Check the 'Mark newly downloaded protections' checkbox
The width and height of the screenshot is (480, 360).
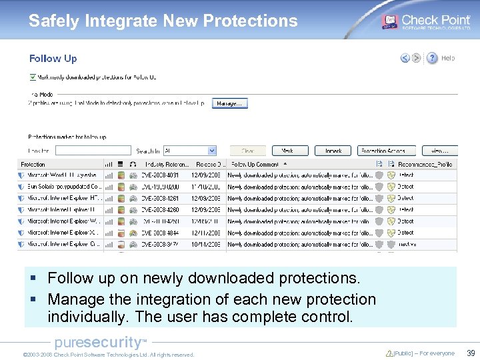33,77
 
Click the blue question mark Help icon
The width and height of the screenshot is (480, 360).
432,58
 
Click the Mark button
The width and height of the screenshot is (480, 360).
287,151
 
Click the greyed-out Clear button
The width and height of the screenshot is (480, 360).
248,151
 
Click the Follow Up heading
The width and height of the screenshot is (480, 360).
53,59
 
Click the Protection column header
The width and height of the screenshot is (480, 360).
33,164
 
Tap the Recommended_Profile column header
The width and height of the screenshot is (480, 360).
425,164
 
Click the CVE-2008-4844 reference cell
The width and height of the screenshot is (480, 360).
160,233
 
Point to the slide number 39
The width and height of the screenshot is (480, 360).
470,353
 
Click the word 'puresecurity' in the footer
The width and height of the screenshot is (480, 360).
97,343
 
